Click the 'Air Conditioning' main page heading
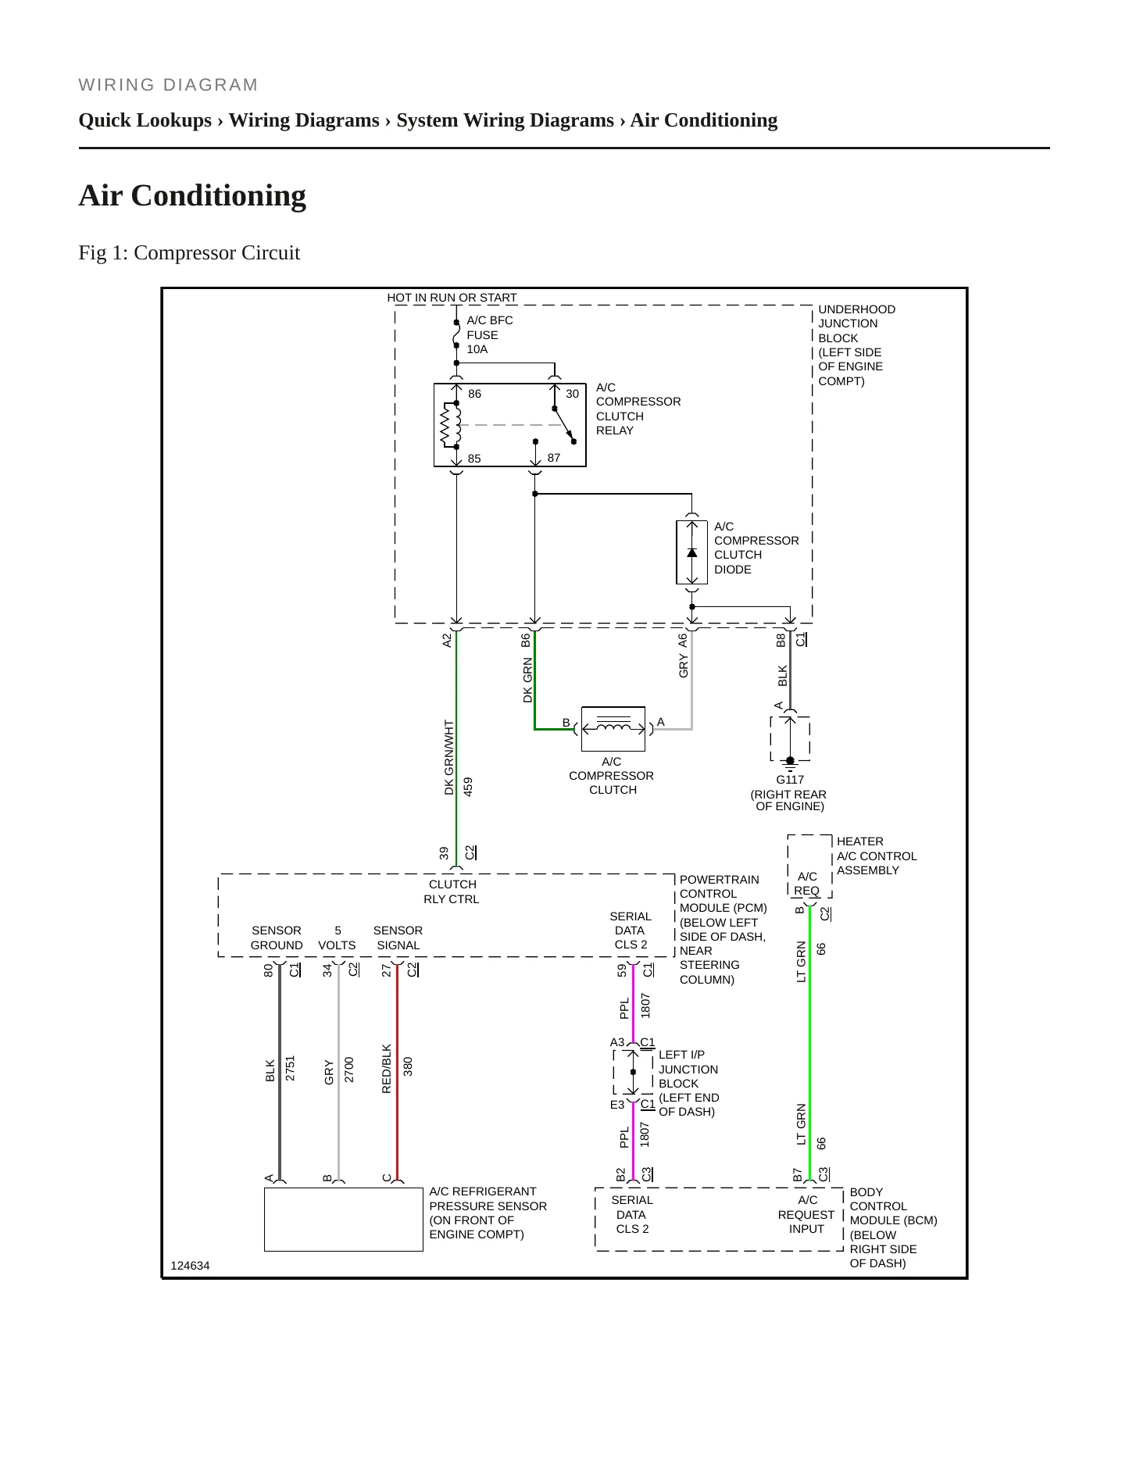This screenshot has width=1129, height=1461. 192,195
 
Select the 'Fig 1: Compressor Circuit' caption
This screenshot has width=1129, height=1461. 189,253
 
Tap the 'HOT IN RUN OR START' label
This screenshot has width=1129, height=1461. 452,298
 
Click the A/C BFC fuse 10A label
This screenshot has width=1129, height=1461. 490,334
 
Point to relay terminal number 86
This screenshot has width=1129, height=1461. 475,394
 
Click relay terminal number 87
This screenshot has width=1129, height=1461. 554,458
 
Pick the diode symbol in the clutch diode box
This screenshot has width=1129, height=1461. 691,552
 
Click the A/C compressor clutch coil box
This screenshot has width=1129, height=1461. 613,729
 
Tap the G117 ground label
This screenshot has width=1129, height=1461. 790,780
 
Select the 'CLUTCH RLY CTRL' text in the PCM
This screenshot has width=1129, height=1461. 452,891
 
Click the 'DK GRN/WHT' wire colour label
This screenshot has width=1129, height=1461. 449,758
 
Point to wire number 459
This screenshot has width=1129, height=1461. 468,786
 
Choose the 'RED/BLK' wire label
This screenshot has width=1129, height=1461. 386,1069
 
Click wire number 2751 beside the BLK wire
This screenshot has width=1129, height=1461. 290,1068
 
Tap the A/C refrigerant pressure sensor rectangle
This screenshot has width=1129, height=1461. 344,1220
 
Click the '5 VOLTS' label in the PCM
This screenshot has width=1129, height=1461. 337,938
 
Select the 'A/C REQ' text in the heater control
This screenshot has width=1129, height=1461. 807,884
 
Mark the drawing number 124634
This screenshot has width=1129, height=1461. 190,1266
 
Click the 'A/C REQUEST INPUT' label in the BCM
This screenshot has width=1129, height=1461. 806,1215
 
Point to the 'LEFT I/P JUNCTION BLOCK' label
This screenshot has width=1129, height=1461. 688,1070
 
